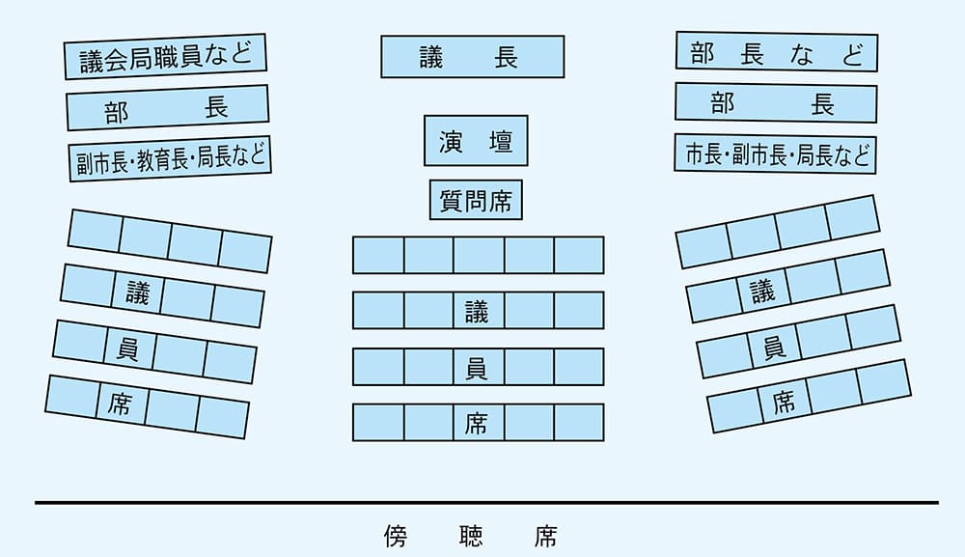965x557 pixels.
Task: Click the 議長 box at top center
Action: [x=472, y=57]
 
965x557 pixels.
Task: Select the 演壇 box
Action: [x=476, y=142]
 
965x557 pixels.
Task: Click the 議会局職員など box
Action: [x=165, y=56]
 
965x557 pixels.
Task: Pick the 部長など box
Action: [x=776, y=52]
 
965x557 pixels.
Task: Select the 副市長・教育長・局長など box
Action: [x=169, y=157]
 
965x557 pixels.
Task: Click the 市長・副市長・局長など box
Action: [x=775, y=154]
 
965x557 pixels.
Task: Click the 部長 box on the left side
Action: [x=167, y=107]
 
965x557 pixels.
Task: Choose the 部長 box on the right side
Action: [x=775, y=103]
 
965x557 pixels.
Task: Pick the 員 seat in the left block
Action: [x=128, y=348]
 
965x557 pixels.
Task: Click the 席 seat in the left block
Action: [x=121, y=404]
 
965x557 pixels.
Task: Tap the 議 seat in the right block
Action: [x=761, y=290]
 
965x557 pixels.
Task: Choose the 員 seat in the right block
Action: [x=772, y=346]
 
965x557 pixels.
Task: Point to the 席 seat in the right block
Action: [x=783, y=401]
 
